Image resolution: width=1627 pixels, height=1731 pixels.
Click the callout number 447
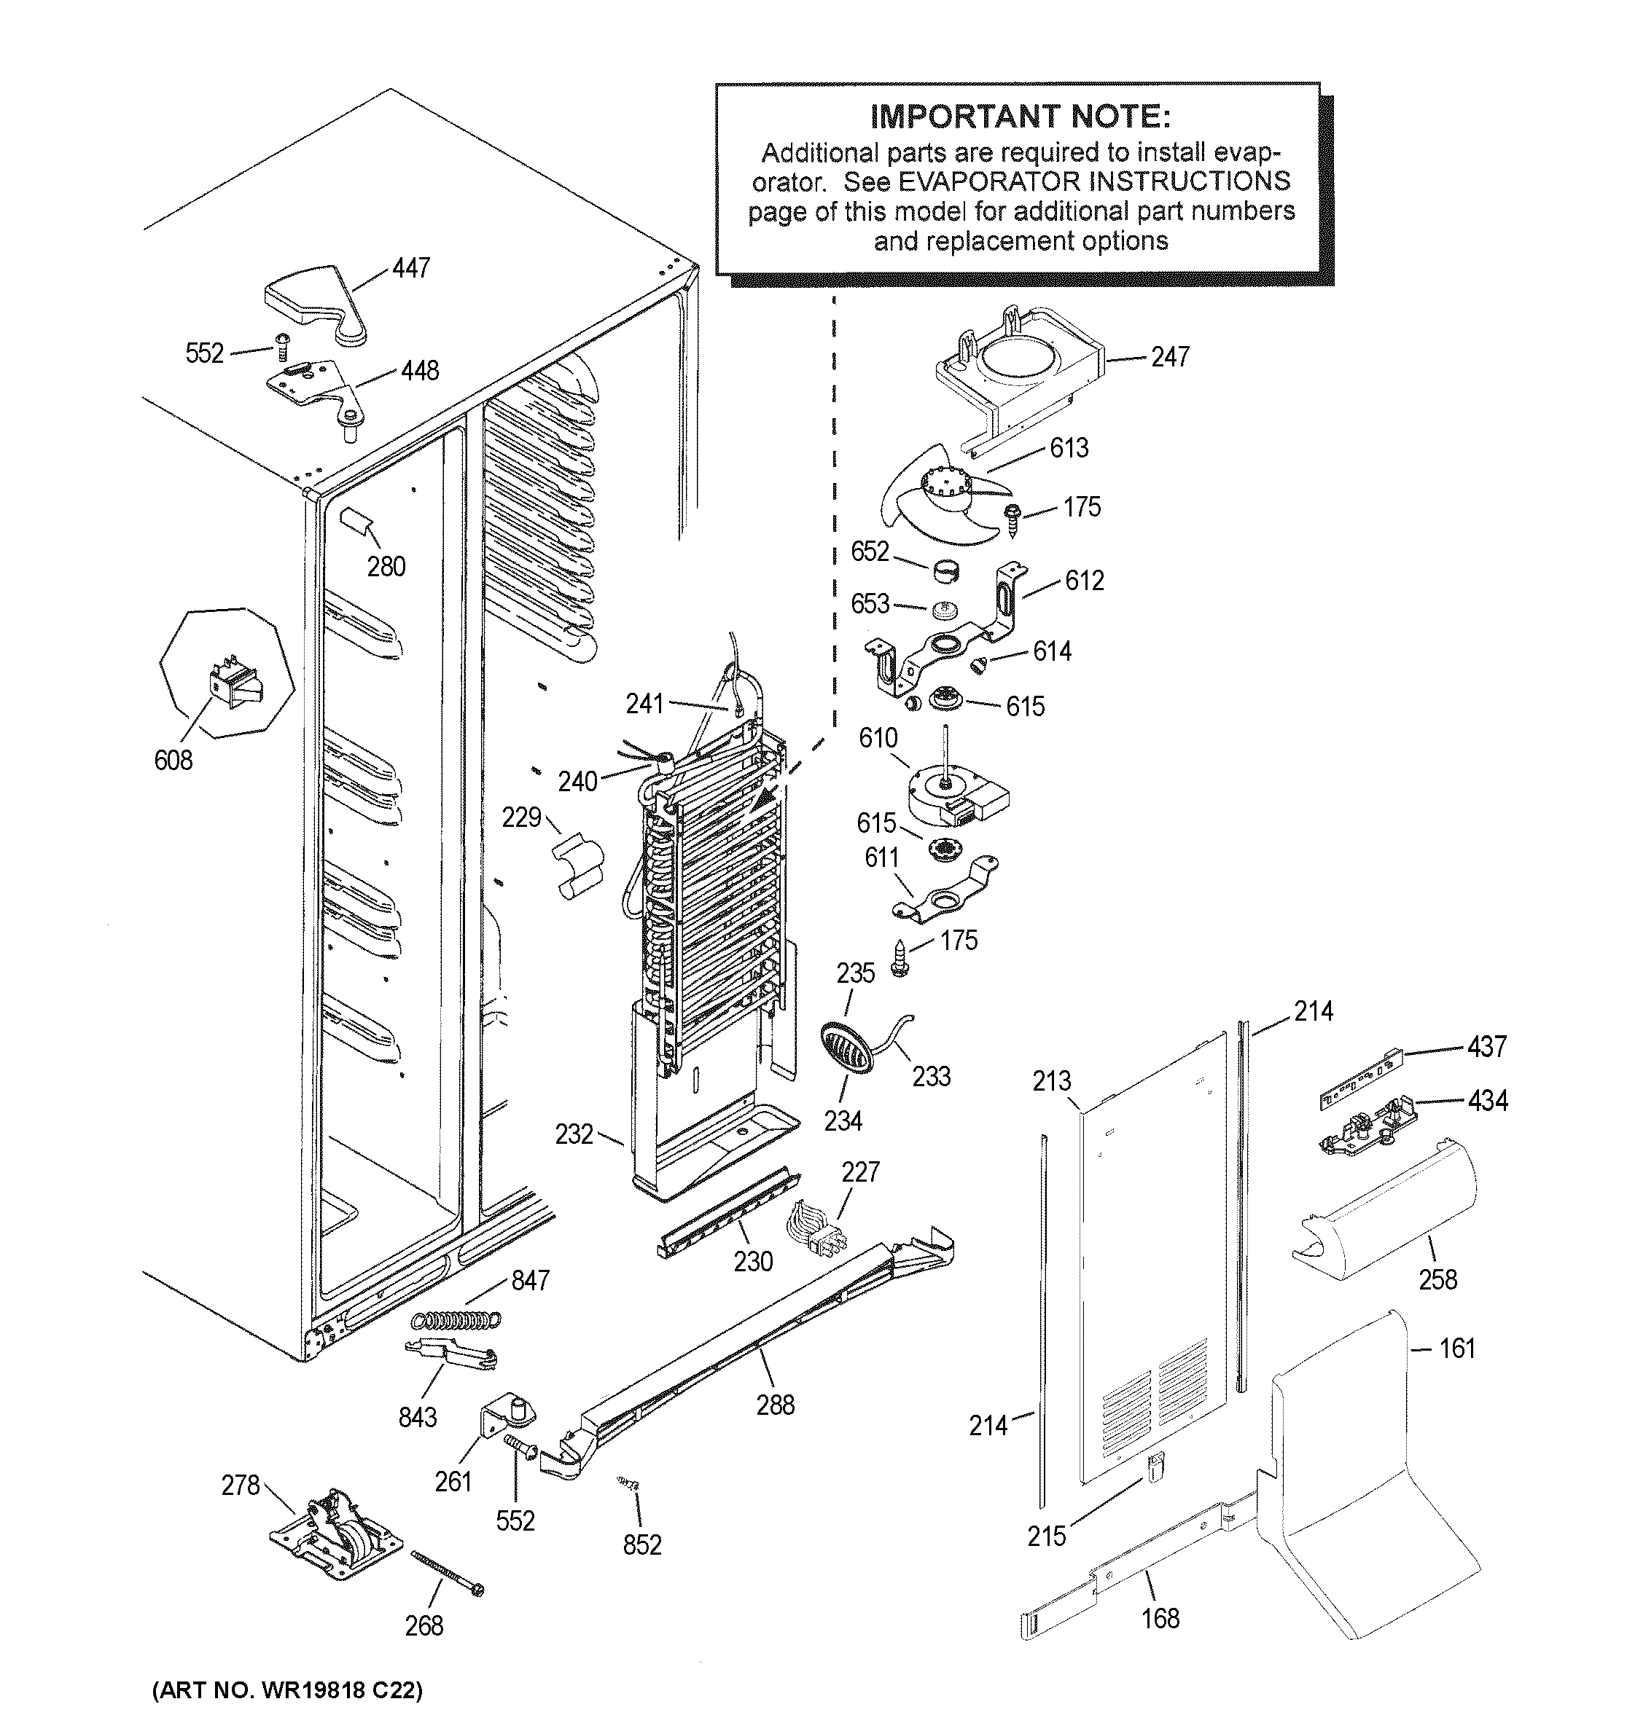410,267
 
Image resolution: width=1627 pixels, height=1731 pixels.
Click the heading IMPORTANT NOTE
1020,117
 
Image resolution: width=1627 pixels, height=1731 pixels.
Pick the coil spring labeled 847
455,1321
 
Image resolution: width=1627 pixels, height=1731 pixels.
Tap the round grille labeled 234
846,1048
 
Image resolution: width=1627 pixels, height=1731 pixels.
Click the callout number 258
1437,1279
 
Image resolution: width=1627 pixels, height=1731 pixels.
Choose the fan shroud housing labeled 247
1015,374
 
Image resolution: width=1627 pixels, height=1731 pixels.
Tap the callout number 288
775,1405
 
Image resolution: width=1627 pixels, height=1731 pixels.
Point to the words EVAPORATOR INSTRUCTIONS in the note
1094,181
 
